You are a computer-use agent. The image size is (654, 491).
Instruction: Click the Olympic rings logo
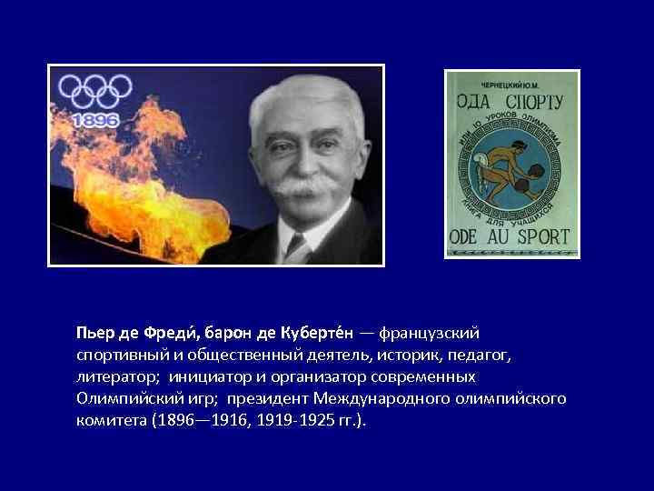96,91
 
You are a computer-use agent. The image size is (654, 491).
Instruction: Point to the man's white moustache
299,186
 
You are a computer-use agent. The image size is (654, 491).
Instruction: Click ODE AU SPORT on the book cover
510,236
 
